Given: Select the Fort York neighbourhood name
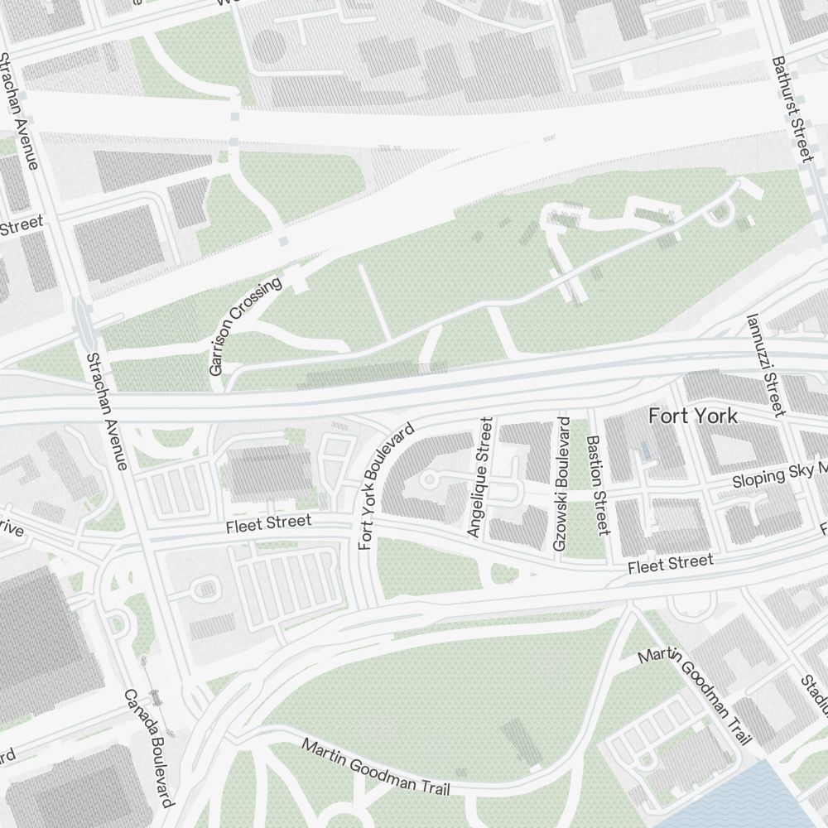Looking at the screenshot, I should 693,416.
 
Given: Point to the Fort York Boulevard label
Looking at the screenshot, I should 385,488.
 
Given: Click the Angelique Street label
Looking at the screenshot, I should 480,478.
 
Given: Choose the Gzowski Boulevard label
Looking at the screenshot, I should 561,484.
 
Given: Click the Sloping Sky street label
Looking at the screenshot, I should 779,475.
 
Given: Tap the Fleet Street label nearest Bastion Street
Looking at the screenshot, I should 670,564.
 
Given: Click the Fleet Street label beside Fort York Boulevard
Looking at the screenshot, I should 269,523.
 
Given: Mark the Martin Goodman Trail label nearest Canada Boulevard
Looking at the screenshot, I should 376,768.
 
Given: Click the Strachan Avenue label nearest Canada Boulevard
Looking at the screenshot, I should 107,411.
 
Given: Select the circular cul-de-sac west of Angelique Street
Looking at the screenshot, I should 429,480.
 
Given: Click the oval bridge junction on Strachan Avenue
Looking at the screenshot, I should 84,319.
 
